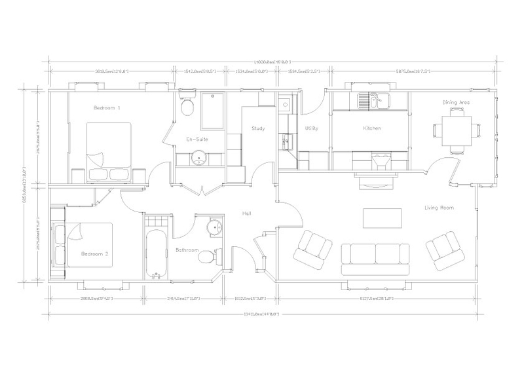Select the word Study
(258, 128)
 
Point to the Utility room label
(312, 128)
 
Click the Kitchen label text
(372, 128)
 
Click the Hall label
(247, 214)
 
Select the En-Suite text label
(197, 139)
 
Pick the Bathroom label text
(187, 250)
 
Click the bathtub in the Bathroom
(156, 252)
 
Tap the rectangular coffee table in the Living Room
(383, 217)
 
